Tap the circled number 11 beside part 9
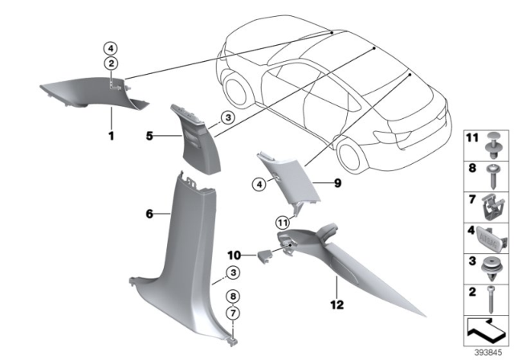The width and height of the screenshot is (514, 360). [282, 223]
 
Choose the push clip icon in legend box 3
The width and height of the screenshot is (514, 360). [488, 264]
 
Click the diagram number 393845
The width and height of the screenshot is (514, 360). [487, 351]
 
